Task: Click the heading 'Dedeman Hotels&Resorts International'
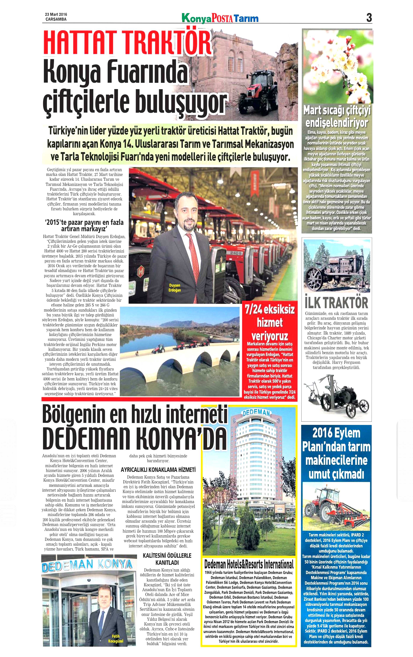point(249,564)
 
